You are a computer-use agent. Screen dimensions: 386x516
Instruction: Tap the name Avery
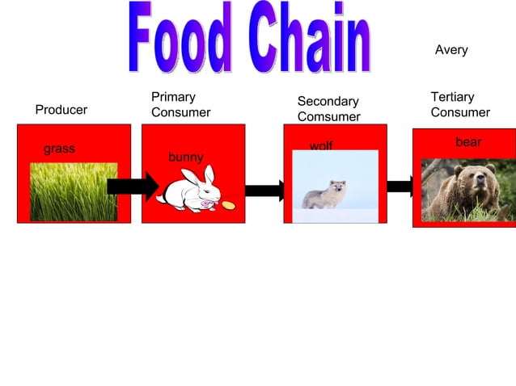451,50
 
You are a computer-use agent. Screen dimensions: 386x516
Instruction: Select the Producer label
61,110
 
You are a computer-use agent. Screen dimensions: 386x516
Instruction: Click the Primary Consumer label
180,105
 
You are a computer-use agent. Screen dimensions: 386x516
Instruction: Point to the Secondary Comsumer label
328,109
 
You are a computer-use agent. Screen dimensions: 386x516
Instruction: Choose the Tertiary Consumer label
460,105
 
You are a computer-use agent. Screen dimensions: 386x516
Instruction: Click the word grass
59,149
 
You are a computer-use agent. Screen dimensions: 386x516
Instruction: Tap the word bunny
185,157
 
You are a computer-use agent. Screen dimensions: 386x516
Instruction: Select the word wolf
321,146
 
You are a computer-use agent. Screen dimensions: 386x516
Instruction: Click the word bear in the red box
468,142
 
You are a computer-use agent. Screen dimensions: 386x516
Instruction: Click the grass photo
74,192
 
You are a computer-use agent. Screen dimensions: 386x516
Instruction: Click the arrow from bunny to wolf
264,191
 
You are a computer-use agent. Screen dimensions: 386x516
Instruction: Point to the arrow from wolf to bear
400,187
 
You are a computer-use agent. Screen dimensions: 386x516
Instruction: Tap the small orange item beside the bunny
229,205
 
